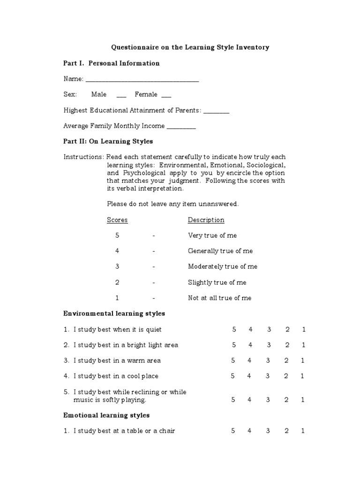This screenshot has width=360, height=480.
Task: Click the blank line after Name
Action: point(142,81)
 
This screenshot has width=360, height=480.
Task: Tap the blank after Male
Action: point(121,96)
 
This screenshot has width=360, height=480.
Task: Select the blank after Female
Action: point(166,96)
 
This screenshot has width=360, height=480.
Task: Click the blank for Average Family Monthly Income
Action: point(181,127)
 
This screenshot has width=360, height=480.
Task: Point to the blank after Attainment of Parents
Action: point(217,112)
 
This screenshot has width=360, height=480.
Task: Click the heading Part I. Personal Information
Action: point(112,63)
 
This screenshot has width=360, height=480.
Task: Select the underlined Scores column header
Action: point(117,220)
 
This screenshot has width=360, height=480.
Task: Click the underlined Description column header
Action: point(206,220)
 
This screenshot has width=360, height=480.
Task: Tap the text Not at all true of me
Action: point(220,298)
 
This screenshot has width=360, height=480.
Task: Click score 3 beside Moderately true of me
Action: point(117,267)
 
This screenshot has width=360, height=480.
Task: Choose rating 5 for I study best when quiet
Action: point(234,330)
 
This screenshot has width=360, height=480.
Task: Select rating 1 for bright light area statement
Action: point(304,345)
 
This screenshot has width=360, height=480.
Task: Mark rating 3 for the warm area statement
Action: point(268,360)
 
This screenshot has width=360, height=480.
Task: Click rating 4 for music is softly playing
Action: point(250,400)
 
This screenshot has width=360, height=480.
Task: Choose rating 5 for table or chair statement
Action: point(233,431)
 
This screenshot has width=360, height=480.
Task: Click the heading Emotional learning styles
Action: point(106,415)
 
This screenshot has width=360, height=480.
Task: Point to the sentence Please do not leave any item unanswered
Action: point(173,204)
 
